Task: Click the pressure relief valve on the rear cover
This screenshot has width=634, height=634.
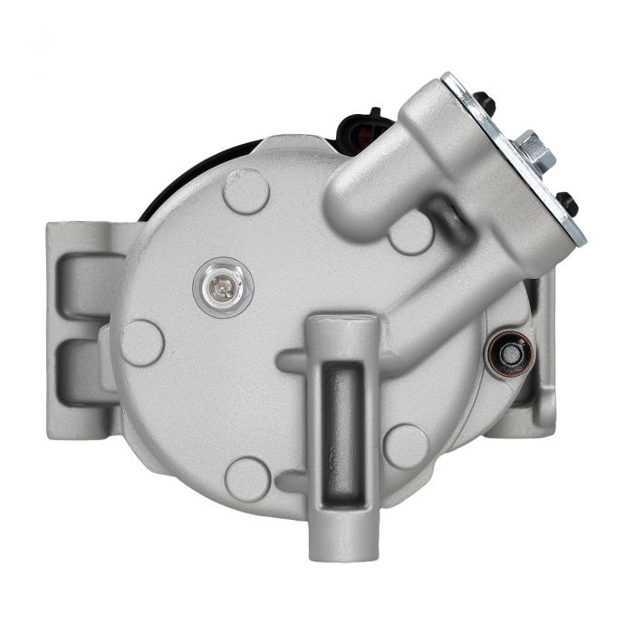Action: (x=222, y=288)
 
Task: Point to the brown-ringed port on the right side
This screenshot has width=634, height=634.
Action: (x=512, y=353)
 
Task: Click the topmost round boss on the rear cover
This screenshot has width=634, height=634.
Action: (x=246, y=191)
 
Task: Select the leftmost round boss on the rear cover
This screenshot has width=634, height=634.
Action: (x=143, y=342)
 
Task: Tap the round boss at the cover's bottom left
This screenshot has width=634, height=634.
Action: (x=247, y=478)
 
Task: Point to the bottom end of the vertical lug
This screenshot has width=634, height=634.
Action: (x=341, y=543)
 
